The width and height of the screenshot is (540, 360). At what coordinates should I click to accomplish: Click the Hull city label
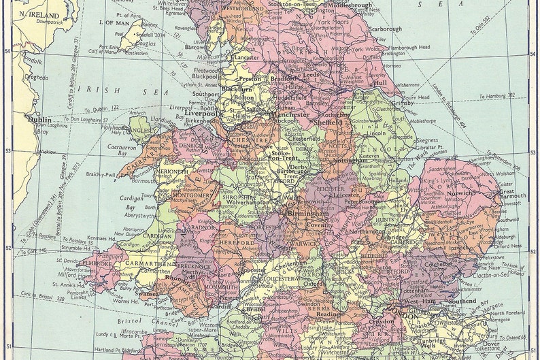379,82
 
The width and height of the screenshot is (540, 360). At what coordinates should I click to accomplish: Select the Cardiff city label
219,306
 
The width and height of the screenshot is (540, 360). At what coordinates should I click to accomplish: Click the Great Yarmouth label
516,196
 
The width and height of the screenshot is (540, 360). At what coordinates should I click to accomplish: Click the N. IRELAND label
39,14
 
